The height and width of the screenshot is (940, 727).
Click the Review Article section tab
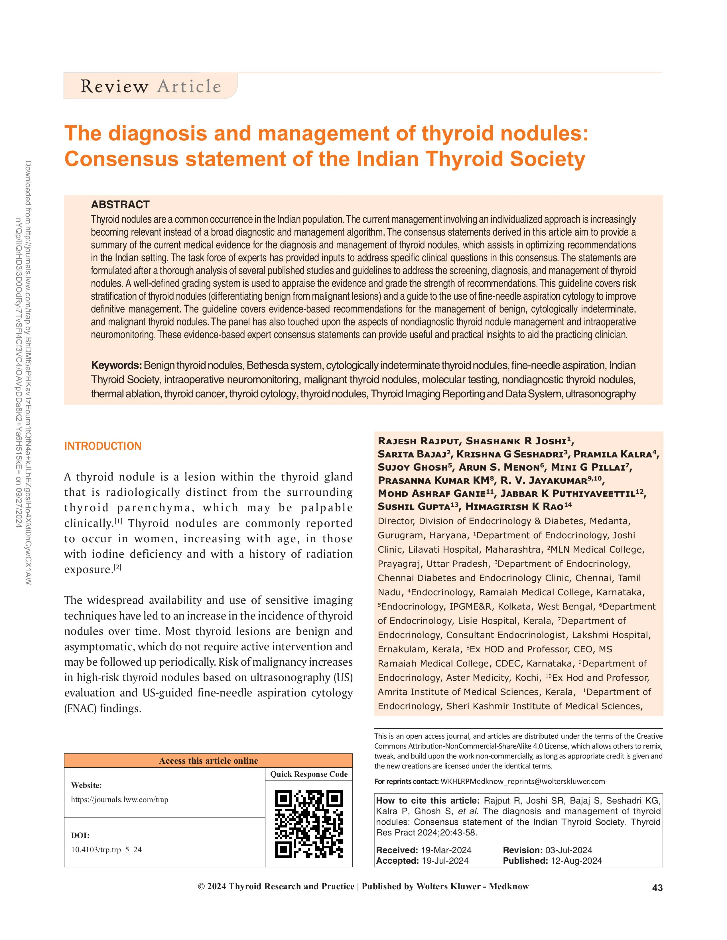coord(151,86)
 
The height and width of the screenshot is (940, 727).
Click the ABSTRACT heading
coord(120,205)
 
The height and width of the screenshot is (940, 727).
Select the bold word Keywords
coord(116,365)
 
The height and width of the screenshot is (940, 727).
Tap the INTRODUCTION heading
coord(103,446)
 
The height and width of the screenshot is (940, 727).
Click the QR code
coord(309,824)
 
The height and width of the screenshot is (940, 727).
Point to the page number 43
coord(657,888)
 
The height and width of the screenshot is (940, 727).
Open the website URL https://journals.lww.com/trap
coord(120,800)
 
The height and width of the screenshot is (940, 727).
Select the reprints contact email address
coord(522,781)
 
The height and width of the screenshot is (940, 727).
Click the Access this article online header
coord(208,761)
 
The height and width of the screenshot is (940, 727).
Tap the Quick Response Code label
coord(309,774)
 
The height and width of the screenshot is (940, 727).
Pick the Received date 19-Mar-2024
coord(446,850)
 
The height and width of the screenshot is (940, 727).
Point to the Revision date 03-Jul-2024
coord(568,850)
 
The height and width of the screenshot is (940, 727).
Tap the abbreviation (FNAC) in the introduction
coord(80,708)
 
